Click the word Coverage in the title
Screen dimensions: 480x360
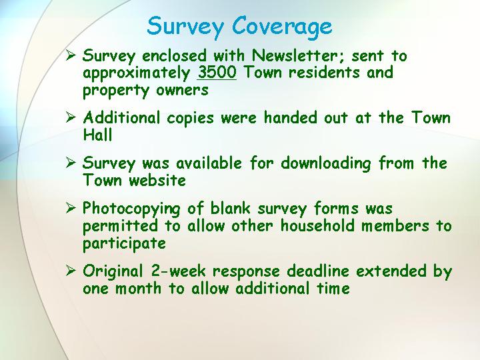pyautogui.click(x=282, y=26)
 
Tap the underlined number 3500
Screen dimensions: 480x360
pyautogui.click(x=217, y=72)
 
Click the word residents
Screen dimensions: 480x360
pyautogui.click(x=324, y=73)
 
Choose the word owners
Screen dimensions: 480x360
pyautogui.click(x=182, y=91)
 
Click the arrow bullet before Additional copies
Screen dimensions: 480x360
pyautogui.click(x=71, y=117)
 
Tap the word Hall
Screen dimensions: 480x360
pyautogui.click(x=97, y=135)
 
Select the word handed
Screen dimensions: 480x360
pyautogui.click(x=290, y=117)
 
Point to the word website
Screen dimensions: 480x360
pyautogui.click(x=157, y=180)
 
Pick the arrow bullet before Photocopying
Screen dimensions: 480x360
pyautogui.click(x=71, y=209)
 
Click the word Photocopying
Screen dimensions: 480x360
pyautogui.click(x=131, y=210)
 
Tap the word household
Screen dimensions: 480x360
pyautogui.click(x=317, y=225)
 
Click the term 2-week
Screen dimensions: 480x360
pyautogui.click(x=178, y=271)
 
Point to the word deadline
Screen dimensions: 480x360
pyautogui.click(x=318, y=271)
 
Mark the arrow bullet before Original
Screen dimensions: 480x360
pyautogui.click(x=71, y=271)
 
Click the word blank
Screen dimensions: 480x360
pyautogui.click(x=231, y=209)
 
